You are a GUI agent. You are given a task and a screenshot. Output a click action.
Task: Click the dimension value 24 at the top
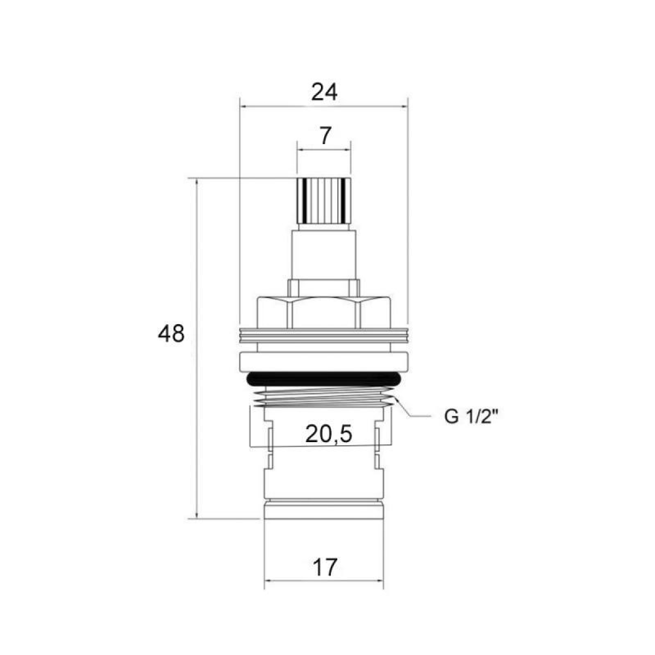pyautogui.click(x=324, y=92)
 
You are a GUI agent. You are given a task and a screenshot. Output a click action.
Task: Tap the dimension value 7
pyautogui.click(x=325, y=136)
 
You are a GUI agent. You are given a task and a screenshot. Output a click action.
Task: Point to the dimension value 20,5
pyautogui.click(x=329, y=434)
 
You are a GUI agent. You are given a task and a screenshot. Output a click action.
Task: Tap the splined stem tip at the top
pyautogui.click(x=324, y=200)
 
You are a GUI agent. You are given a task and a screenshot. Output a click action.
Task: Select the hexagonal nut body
pyautogui.click(x=324, y=313)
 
